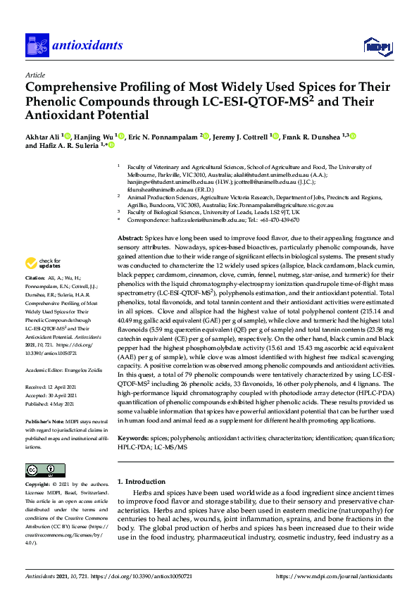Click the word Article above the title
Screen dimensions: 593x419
point(35,74)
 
